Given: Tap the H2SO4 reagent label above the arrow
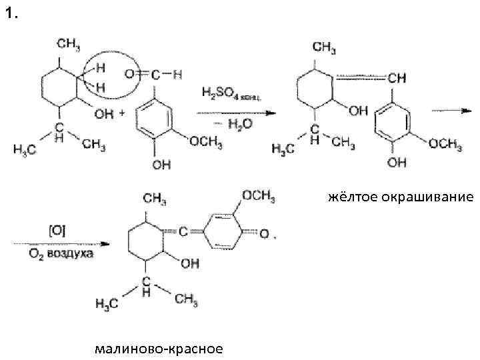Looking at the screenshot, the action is [231, 94].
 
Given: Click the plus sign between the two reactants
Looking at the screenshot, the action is [122, 113].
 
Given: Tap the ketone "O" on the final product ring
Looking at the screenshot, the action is [265, 234].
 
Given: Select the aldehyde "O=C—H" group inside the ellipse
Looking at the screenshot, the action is [153, 75].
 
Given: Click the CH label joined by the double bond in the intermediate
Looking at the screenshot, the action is [396, 79].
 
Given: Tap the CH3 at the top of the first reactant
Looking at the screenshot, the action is [69, 44].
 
